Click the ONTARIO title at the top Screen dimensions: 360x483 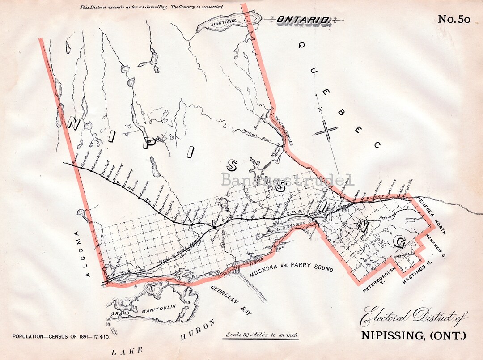(x=304, y=20)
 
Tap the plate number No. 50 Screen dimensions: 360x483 (x=454, y=19)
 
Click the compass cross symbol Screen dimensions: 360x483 (x=328, y=131)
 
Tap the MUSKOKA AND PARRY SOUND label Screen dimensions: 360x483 (x=292, y=269)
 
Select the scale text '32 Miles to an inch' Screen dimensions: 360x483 (x=262, y=335)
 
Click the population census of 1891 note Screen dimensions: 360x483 (x=62, y=336)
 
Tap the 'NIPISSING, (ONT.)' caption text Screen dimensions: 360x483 (x=413, y=335)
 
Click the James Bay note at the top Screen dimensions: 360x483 (x=152, y=7)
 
